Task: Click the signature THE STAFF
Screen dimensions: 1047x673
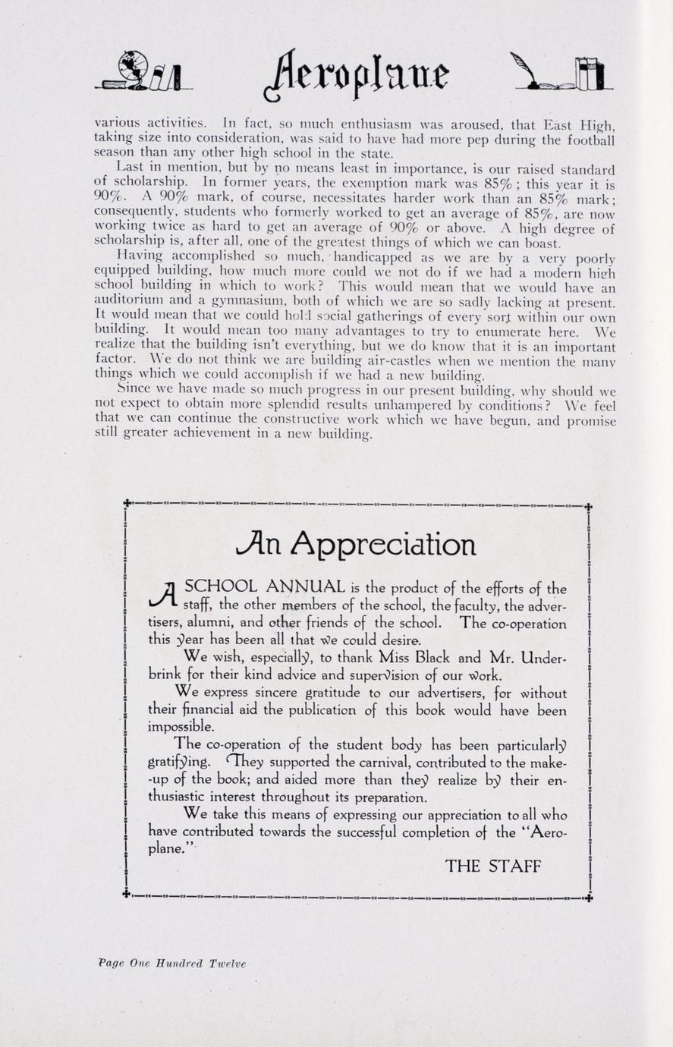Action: [493, 866]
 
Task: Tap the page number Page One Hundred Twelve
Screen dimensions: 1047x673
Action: [172, 964]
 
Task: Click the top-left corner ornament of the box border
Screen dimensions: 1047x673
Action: [127, 502]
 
